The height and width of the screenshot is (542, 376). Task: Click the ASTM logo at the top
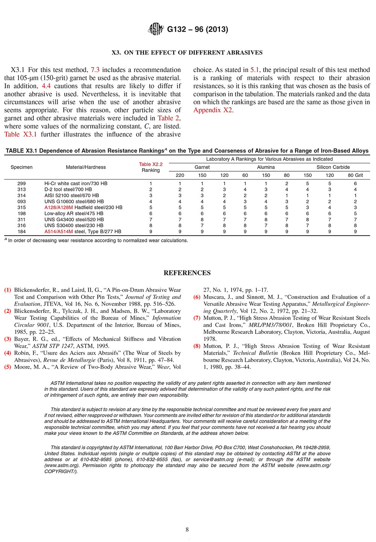coord(156,29)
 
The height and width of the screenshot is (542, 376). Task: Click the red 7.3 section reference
coord(95,70)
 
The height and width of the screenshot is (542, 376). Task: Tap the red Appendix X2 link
coord(212,110)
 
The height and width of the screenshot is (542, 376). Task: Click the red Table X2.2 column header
coord(151,164)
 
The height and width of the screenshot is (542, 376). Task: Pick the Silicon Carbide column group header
coord(333,167)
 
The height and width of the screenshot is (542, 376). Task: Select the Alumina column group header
coord(266,167)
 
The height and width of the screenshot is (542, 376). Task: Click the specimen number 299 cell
coord(21,183)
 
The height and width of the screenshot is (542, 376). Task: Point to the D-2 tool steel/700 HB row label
coord(68,189)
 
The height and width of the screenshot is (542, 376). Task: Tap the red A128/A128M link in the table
coord(59,207)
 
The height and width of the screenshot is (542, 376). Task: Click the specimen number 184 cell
coord(21,231)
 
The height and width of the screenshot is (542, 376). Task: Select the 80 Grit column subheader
coord(355,175)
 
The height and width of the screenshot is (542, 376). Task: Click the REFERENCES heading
coord(187,273)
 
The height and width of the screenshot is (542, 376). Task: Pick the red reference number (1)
coord(8,290)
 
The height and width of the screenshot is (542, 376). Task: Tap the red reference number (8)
coord(197,346)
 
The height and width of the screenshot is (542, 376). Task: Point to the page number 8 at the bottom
coord(187,530)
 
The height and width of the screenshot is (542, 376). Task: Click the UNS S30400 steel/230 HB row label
coord(74,225)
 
